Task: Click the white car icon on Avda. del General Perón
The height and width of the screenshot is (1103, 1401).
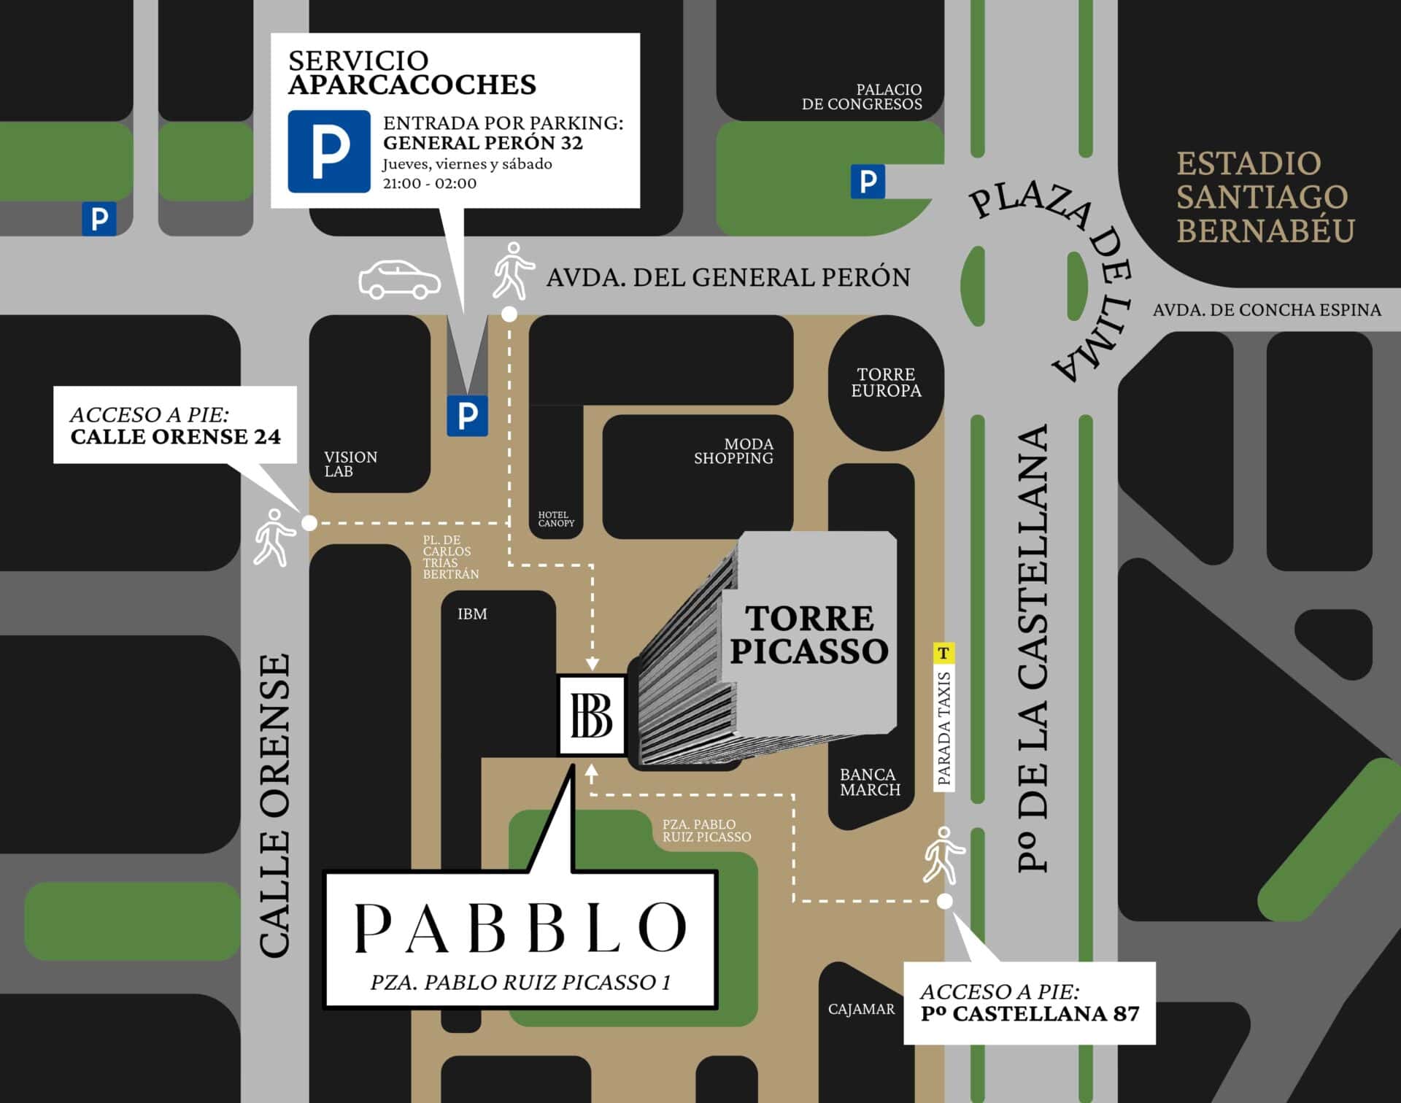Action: [x=399, y=280]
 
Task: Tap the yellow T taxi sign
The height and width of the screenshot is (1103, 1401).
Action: [x=943, y=652]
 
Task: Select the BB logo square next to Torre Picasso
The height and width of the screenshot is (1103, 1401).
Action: [x=592, y=715]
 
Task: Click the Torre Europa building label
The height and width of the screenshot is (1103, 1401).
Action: [x=886, y=383]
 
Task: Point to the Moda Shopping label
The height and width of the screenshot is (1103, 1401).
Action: [x=733, y=451]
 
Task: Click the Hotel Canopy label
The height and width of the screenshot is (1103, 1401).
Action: [x=556, y=519]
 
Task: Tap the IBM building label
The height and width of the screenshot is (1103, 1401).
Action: [x=472, y=614]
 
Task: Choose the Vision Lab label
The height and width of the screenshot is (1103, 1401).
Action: [x=350, y=464]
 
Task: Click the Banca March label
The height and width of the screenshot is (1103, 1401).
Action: [x=870, y=782]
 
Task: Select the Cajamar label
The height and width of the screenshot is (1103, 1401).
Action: [x=861, y=1009]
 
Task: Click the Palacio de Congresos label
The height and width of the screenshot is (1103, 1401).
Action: [x=862, y=97]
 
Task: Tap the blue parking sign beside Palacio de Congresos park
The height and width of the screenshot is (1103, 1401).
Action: [x=868, y=181]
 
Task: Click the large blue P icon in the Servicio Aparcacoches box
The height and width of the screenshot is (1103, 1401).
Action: [x=329, y=152]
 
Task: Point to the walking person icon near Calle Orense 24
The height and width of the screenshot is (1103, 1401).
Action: [x=273, y=538]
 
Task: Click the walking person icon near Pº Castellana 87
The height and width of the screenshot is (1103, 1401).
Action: [x=943, y=855]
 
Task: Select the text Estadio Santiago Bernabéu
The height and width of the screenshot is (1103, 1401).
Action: [x=1265, y=197]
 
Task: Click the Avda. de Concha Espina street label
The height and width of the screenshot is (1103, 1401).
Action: [x=1267, y=310]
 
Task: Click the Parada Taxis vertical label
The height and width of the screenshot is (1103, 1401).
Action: [x=944, y=728]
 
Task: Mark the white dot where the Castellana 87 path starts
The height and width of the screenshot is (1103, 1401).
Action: [x=944, y=901]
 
